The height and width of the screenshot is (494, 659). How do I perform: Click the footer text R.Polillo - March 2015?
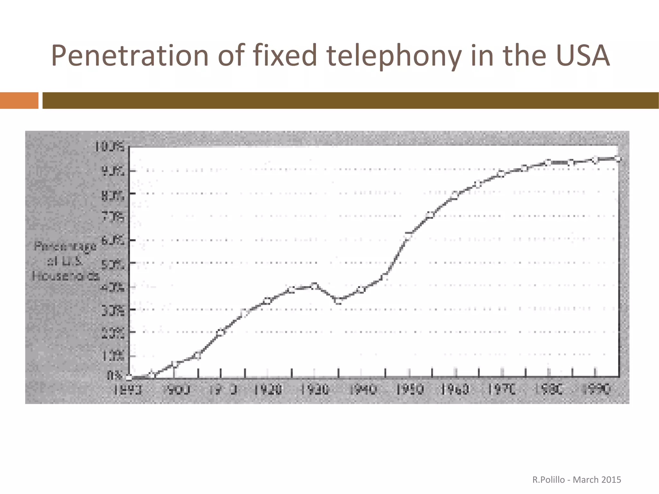(x=577, y=480)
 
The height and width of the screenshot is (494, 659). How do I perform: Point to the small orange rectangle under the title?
(x=19, y=100)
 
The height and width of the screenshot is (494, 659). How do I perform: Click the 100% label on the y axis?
(x=109, y=147)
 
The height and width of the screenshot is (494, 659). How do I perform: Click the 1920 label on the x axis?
(x=268, y=390)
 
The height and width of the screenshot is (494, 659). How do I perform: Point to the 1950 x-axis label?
(x=409, y=390)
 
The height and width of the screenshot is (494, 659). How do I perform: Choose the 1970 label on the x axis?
(x=502, y=390)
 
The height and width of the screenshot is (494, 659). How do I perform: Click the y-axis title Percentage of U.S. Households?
(x=65, y=261)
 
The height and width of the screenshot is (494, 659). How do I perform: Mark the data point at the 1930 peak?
(x=314, y=286)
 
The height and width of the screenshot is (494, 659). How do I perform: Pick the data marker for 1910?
(x=221, y=332)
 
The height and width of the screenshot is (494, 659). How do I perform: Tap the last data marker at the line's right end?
(x=618, y=158)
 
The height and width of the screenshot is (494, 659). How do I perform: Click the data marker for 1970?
(x=501, y=174)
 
